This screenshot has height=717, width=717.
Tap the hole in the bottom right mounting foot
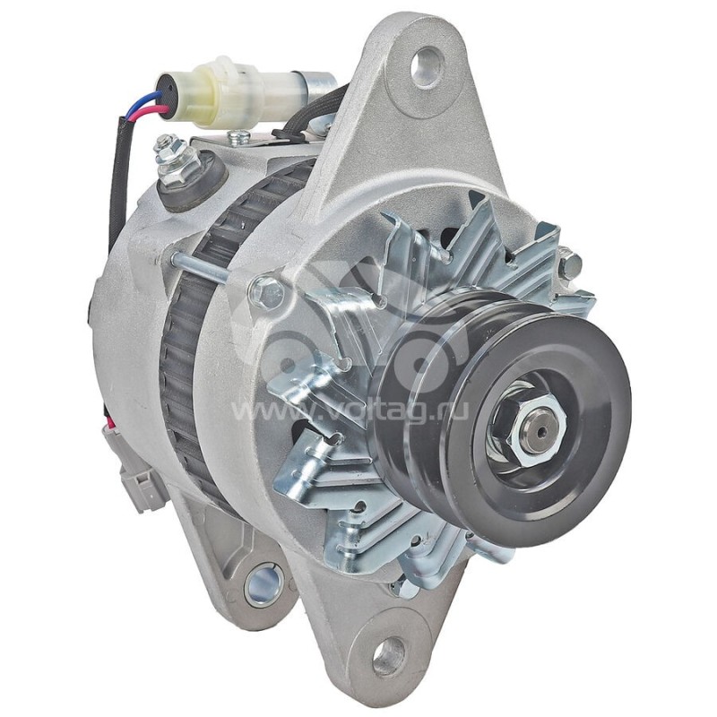coord(389,656)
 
